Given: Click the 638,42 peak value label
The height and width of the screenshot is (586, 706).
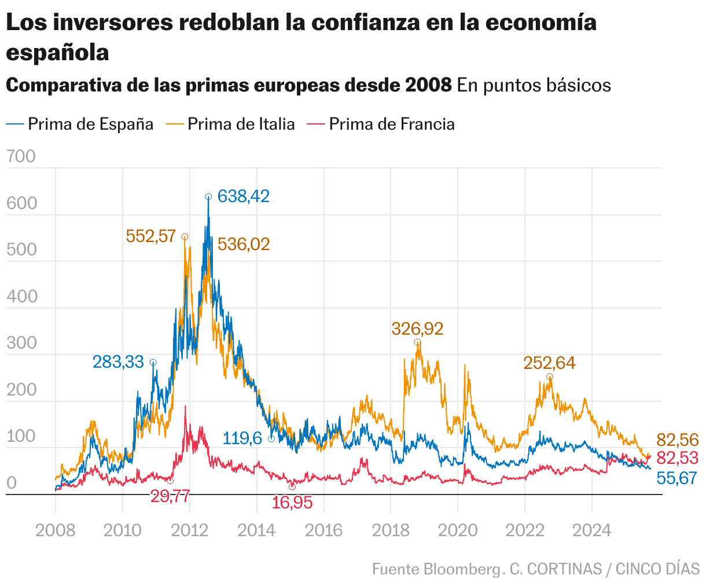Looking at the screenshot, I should tap(243, 197).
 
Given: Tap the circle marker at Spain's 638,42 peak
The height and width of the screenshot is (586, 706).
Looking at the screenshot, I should tap(208, 197).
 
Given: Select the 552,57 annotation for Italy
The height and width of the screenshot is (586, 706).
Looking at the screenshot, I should tap(150, 236).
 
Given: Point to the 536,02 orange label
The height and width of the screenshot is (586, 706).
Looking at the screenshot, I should tap(244, 244).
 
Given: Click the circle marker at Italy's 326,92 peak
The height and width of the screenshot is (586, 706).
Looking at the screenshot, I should tap(417, 342).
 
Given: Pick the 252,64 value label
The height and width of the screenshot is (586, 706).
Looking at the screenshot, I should tap(549, 363).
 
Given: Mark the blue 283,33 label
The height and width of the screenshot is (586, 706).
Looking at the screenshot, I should tap(118, 362).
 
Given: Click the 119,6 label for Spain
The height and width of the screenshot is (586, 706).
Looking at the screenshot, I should tap(242, 438).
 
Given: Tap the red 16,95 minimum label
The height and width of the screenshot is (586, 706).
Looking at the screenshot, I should tap(292, 503).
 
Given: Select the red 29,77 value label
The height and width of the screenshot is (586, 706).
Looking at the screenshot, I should tap(170, 496).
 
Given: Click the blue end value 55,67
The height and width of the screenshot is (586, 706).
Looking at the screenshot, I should tap(676, 478).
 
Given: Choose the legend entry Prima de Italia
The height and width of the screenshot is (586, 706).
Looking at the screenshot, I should tap(241, 124).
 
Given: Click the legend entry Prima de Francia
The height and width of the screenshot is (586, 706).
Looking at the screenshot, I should tap(391, 124).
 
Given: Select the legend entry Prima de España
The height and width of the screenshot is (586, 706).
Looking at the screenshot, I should tap(90, 124).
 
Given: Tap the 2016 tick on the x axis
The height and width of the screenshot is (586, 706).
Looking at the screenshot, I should tap(323, 530).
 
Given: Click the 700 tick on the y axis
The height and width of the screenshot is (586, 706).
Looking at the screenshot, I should tap(21, 156).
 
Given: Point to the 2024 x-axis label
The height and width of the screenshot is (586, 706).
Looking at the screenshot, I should tap(591, 530).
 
